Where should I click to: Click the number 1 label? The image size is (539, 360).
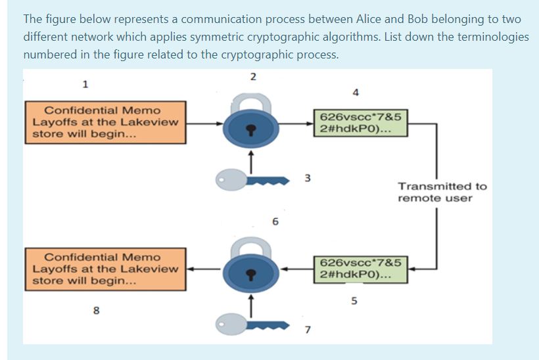point(85,83)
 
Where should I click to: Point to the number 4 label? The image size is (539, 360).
point(356,93)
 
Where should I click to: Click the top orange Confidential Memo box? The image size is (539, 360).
point(105,122)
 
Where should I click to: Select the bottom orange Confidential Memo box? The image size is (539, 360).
point(105,269)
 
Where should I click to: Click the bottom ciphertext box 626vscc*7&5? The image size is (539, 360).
point(360,269)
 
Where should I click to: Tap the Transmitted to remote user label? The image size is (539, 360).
point(442,192)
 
